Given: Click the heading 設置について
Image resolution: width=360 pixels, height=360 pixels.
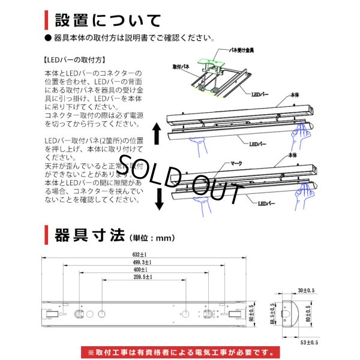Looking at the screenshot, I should point(108,20).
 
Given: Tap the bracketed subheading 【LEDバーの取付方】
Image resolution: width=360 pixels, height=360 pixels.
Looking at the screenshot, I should point(76,61).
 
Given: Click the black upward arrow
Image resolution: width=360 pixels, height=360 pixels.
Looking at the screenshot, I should point(158,133).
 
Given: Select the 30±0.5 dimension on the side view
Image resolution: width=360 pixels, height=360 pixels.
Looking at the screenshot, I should point(310,290).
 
